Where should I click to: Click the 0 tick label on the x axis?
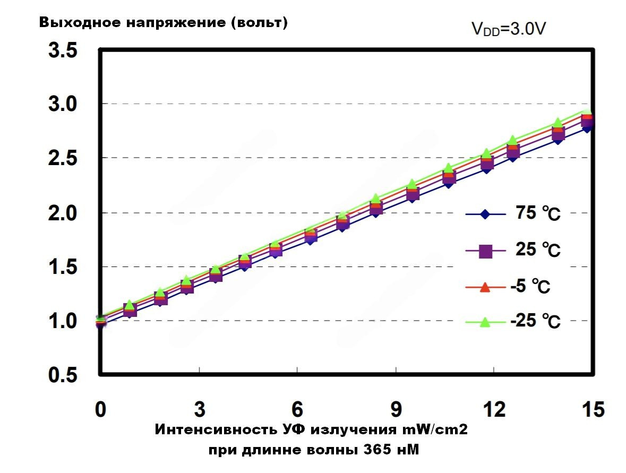[x=100, y=410]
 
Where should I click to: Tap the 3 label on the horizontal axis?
[x=199, y=410]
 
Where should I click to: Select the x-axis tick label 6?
[x=297, y=410]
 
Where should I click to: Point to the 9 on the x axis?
[x=396, y=410]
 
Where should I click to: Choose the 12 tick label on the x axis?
[x=494, y=410]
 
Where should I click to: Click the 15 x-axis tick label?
[x=592, y=410]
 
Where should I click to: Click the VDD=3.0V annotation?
[x=509, y=29]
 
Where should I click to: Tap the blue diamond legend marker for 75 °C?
[x=484, y=214]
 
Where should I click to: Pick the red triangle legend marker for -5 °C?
[x=484, y=287]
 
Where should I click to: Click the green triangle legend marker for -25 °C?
[x=484, y=321]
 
